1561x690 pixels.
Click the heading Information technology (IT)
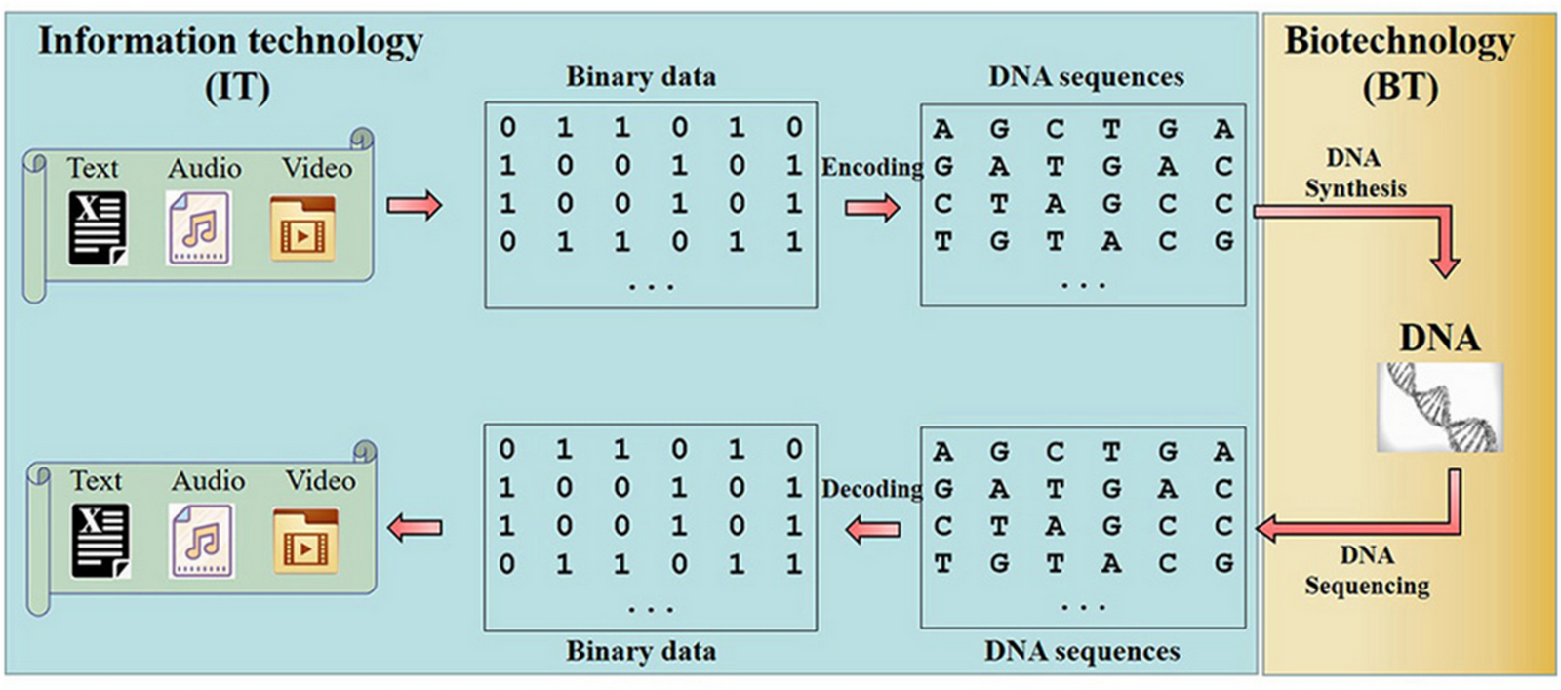(230, 63)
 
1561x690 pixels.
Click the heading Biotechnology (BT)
(1399, 63)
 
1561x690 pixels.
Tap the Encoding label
(872, 168)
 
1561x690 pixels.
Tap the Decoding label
(872, 489)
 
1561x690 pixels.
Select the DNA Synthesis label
(1355, 174)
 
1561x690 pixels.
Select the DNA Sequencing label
(1367, 571)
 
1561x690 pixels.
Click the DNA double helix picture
(1440, 407)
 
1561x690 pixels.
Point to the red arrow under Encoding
(872, 208)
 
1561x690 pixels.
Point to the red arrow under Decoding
(872, 530)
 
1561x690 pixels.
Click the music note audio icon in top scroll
(199, 228)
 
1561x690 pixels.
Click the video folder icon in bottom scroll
(305, 541)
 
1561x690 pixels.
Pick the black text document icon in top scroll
(98, 228)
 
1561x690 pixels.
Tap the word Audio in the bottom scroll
(208, 481)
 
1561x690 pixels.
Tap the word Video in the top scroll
(317, 168)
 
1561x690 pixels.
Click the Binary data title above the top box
(640, 77)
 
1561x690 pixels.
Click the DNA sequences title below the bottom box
(1082, 651)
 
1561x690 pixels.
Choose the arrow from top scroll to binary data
(415, 206)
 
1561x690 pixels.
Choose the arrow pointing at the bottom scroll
(415, 528)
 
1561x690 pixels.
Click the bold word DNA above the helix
(1440, 339)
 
